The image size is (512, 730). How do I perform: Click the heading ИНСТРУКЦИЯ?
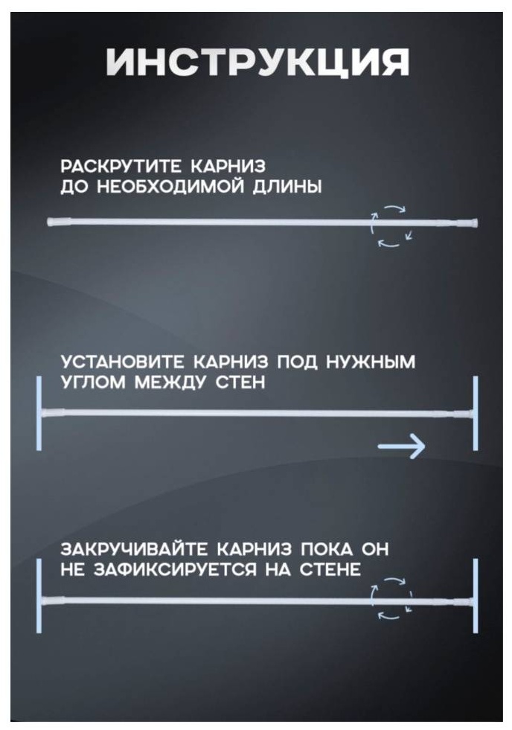[x=257, y=62]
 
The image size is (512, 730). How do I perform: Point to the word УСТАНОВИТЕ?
[x=122, y=362]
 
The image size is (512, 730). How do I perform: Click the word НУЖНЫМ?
[x=370, y=362]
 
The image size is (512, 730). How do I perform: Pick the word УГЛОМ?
[x=93, y=382]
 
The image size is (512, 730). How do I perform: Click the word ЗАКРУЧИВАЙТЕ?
[x=134, y=549]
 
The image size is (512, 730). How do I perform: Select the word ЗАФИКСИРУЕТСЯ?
[x=175, y=569]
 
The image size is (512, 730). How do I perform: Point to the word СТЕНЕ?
[x=330, y=569]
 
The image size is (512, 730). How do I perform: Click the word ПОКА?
[x=326, y=549]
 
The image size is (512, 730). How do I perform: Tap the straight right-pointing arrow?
[x=401, y=446]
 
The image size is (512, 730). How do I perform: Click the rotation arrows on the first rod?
[x=391, y=225]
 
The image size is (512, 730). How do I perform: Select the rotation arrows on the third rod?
[x=391, y=599]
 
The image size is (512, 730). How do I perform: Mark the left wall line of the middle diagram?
[x=39, y=413]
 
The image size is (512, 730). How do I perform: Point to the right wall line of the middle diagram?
[x=476, y=413]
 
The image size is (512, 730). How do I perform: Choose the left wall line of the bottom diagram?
[x=39, y=596]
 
